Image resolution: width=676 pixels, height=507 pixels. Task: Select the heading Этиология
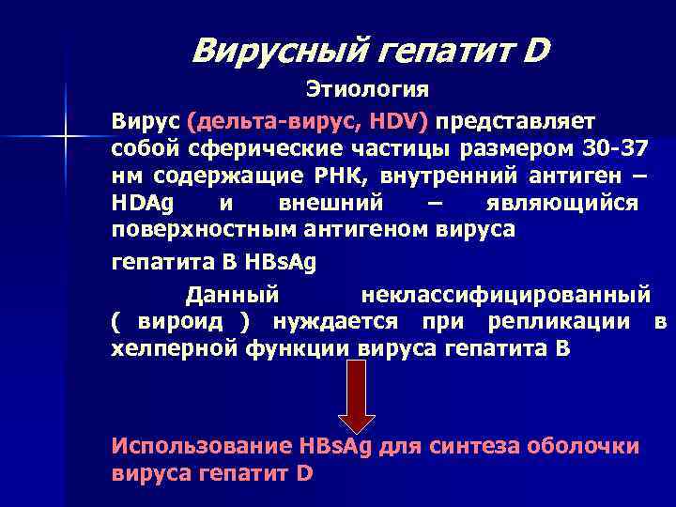(x=366, y=90)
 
